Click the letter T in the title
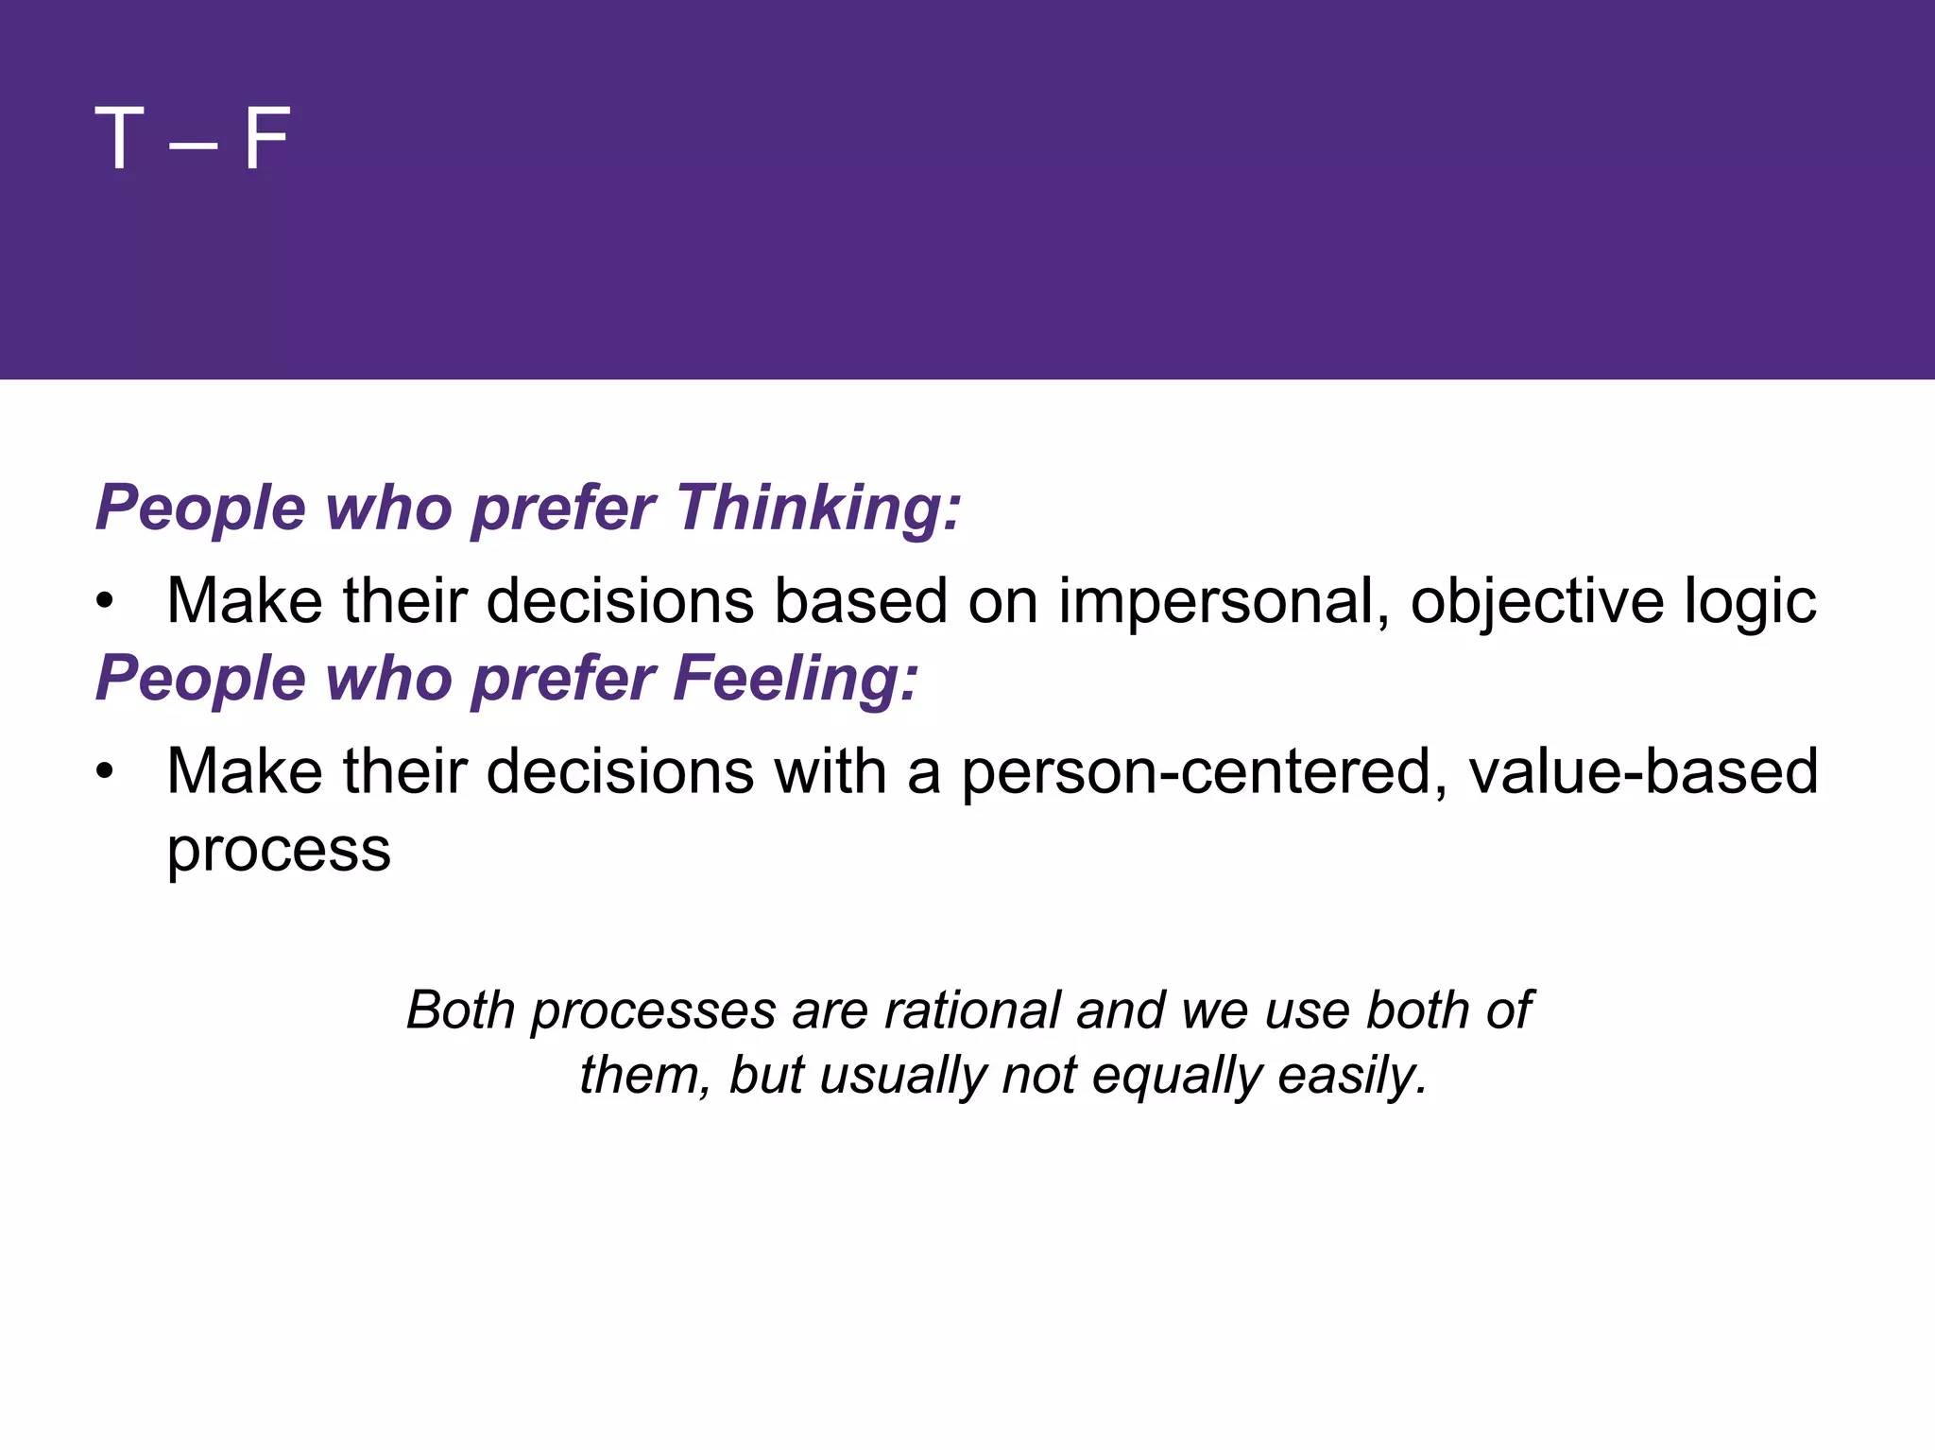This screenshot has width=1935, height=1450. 119,139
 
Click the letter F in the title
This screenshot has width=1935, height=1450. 266,139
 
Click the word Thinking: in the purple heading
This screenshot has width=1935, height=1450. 818,509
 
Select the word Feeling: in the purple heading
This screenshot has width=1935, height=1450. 795,679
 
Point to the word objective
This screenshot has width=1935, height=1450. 1536,602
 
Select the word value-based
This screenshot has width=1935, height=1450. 1643,772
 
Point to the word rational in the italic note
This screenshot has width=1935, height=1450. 972,1010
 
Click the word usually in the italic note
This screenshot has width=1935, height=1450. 902,1077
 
